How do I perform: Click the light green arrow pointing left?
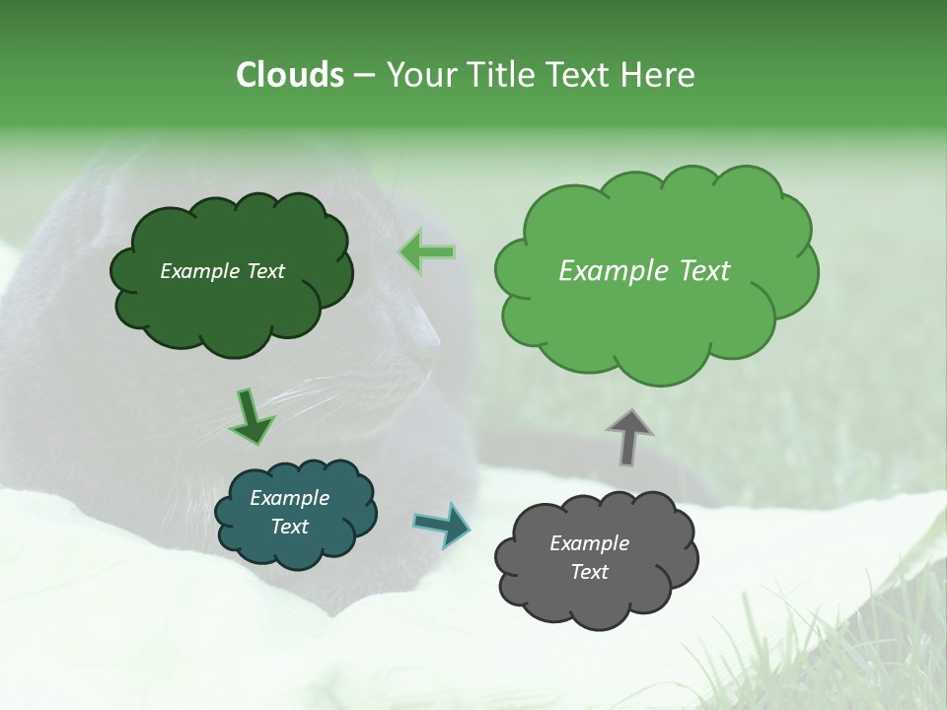(427, 252)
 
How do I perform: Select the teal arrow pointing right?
(442, 524)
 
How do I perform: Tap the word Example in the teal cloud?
(289, 498)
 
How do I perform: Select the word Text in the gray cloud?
(589, 572)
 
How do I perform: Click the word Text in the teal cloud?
(289, 527)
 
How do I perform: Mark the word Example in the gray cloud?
(589, 543)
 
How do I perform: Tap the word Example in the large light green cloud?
(612, 271)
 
